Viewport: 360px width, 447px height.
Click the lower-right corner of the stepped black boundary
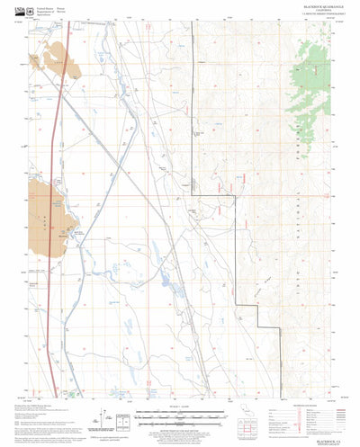pyautogui.click(x=258, y=326)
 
